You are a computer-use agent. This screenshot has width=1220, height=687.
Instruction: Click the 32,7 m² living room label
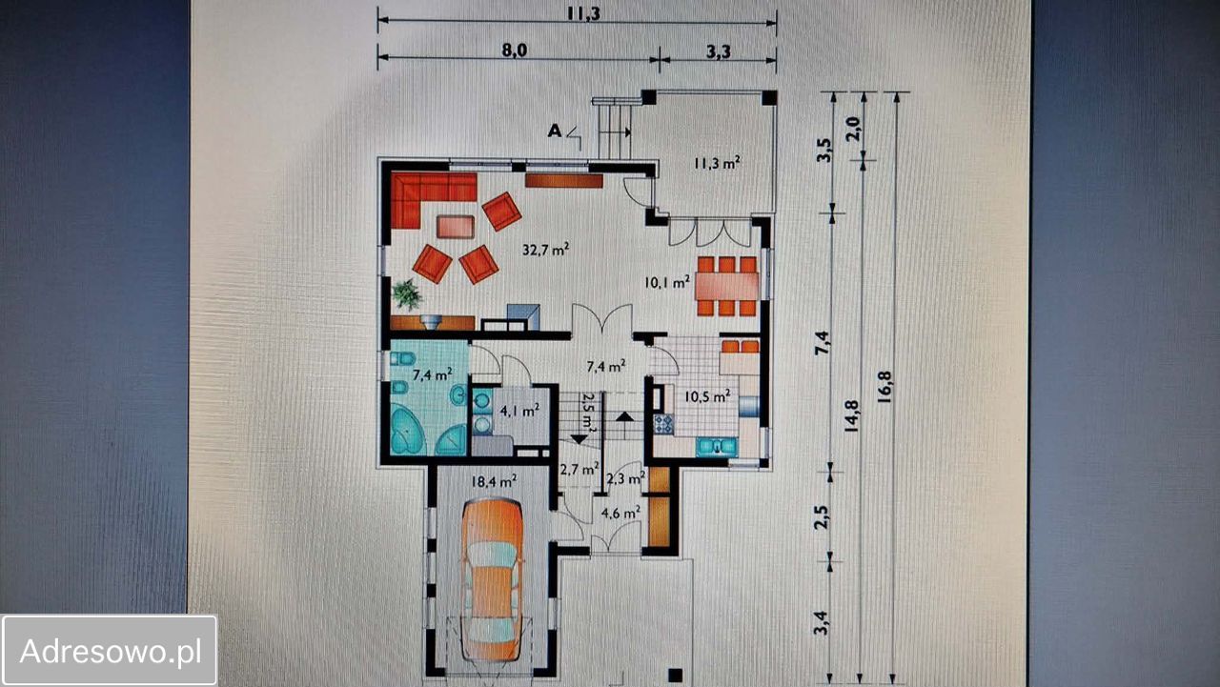[x=546, y=250]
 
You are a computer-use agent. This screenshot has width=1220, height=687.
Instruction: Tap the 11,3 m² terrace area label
[x=717, y=163]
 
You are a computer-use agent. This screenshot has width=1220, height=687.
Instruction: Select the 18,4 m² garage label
[x=494, y=481]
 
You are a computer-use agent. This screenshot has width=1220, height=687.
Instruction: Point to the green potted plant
[x=406, y=294]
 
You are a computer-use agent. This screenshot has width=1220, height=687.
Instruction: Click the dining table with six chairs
[x=726, y=286]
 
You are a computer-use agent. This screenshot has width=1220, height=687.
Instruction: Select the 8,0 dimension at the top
[x=514, y=51]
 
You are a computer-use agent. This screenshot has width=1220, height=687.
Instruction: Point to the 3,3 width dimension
[x=719, y=51]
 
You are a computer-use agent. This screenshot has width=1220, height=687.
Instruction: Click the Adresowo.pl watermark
[x=110, y=651]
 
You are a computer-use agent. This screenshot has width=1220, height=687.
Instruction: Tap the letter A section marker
[x=555, y=131]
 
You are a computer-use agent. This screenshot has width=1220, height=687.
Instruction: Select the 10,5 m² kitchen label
[x=707, y=396]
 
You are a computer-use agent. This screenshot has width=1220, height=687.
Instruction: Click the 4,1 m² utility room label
[x=519, y=411]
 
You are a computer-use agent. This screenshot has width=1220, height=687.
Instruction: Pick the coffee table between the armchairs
[x=456, y=227]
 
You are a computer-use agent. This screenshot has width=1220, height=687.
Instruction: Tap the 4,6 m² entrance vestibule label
[x=620, y=513]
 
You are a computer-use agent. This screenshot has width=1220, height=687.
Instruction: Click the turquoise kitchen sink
[x=717, y=447]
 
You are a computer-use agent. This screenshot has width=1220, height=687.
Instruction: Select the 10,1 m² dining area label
[x=666, y=283]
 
